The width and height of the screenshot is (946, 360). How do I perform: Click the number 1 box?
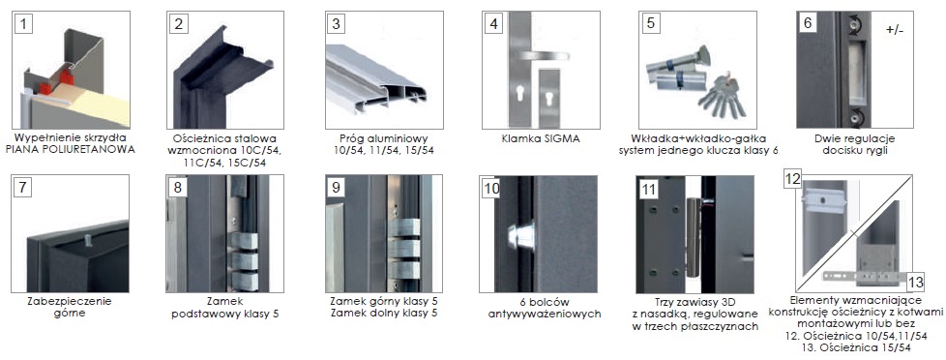tap(23, 25)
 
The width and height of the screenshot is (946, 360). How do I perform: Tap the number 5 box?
tap(650, 23)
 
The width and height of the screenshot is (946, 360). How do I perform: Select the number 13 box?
tap(916, 282)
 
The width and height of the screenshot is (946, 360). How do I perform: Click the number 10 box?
tap(491, 189)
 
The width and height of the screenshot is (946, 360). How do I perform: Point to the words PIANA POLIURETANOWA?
tap(70, 150)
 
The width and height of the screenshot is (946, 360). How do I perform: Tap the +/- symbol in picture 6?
tap(895, 30)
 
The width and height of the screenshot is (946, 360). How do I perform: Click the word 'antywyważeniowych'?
tap(545, 315)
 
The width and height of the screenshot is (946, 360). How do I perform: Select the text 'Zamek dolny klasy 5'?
tap(384, 313)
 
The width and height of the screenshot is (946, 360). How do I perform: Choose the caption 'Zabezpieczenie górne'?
tap(70, 307)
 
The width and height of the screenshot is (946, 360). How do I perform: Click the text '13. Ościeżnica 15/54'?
tap(855, 348)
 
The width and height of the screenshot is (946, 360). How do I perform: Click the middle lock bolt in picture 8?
tap(245, 261)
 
